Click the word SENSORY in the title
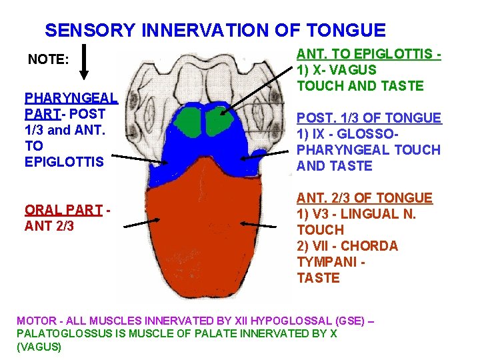90,31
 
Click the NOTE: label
48,60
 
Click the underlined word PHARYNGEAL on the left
71,97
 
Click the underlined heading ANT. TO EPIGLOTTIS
369,54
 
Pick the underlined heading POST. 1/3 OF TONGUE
369,118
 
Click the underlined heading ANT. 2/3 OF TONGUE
365,198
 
